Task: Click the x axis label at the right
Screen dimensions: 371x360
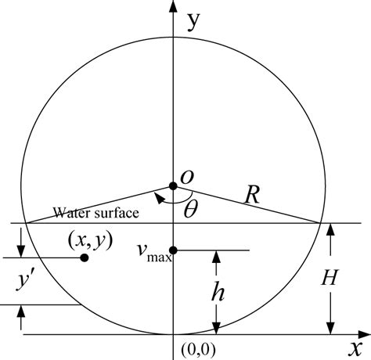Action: (357, 345)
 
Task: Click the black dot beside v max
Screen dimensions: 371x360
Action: (174, 250)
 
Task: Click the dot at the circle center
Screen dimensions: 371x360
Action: (173, 185)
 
